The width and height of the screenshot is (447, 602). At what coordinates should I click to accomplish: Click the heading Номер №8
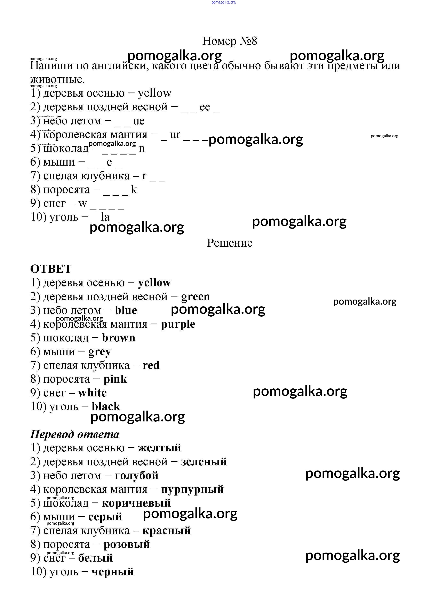coord(230,41)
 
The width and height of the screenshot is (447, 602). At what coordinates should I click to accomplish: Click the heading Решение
coord(230,243)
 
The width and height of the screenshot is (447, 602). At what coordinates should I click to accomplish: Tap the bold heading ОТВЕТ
coord(51,269)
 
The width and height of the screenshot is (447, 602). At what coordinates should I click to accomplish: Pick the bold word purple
coord(178,324)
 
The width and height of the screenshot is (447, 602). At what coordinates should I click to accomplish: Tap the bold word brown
coord(119,338)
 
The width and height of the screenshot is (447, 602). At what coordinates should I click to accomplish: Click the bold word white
coord(93,393)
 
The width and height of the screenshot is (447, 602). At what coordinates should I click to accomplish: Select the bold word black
coord(106,407)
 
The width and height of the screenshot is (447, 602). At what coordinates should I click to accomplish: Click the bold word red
coord(151,365)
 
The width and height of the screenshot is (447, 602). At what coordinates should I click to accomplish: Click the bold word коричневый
coord(136,503)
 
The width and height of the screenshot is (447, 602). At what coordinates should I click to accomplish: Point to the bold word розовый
coord(127,544)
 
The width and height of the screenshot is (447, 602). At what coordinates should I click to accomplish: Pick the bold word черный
coord(113,572)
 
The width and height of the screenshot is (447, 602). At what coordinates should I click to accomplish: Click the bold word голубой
coord(136,476)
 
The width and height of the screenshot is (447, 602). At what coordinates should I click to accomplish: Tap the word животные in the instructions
coord(57,80)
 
